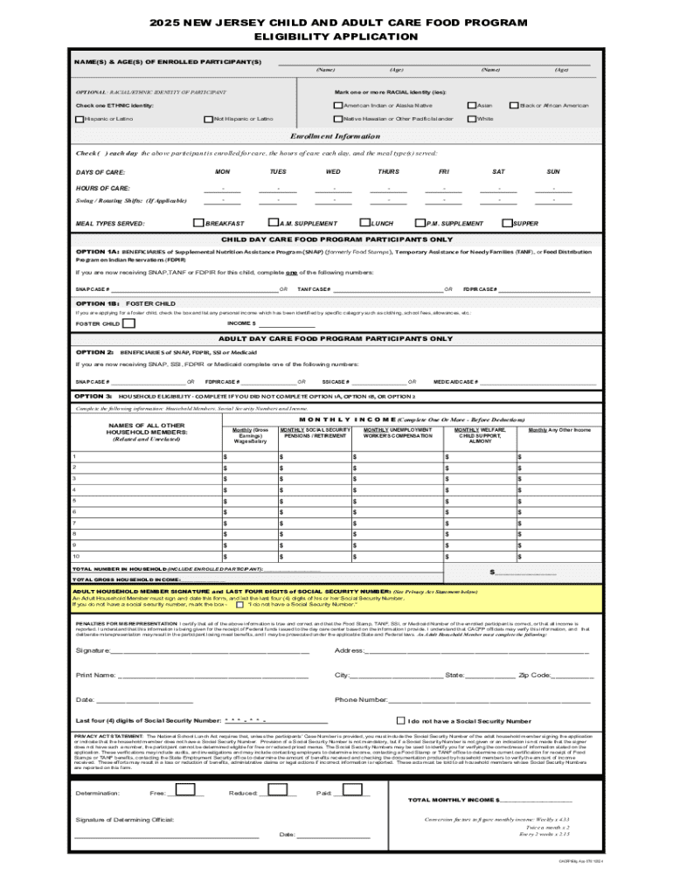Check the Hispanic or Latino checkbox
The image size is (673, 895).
pyautogui.click(x=80, y=118)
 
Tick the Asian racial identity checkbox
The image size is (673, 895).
pyautogui.click(x=472, y=105)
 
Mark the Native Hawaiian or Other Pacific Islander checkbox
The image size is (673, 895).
pyautogui.click(x=338, y=118)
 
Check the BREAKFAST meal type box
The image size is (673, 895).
pyautogui.click(x=198, y=223)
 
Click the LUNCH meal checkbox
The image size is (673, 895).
pyautogui.click(x=365, y=223)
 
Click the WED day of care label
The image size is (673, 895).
pyautogui.click(x=333, y=172)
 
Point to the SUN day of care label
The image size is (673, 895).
pyautogui.click(x=553, y=172)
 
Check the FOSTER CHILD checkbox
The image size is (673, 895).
pyautogui.click(x=128, y=323)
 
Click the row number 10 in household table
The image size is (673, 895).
pyautogui.click(x=76, y=556)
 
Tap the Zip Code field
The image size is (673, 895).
pyautogui.click(x=572, y=676)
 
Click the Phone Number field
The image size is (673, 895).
pyautogui.click(x=489, y=700)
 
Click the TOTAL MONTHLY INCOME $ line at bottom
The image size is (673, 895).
pyautogui.click(x=535, y=800)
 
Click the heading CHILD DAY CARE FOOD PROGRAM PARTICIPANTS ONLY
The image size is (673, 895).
pyautogui.click(x=336, y=239)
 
